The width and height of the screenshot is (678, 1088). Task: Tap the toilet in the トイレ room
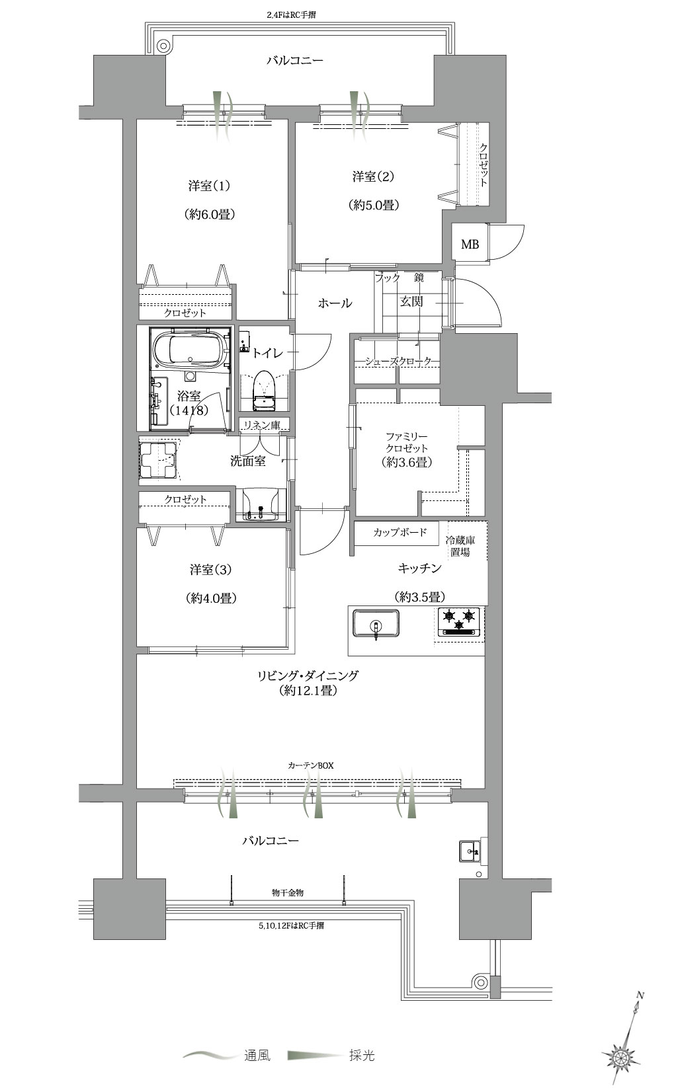pos(265,391)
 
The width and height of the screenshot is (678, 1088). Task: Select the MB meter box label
pos(470,244)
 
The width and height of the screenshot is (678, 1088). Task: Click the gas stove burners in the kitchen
pos(460,622)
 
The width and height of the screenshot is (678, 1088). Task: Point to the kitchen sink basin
pos(376,624)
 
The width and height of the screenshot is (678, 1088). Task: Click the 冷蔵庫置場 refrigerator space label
pos(460,546)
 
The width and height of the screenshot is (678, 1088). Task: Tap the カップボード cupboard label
pos(400,532)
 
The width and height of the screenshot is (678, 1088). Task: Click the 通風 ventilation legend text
pos(257,1056)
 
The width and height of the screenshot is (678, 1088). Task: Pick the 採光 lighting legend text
pos(362,1056)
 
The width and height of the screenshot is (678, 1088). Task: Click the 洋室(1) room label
pos(208,186)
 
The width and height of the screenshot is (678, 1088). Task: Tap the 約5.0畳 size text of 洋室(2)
pos(374,205)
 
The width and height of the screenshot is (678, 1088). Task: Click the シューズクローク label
pos(398,361)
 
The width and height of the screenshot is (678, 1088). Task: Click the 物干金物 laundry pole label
pos(288,892)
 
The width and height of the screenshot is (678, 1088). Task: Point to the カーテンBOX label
pos(311,765)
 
